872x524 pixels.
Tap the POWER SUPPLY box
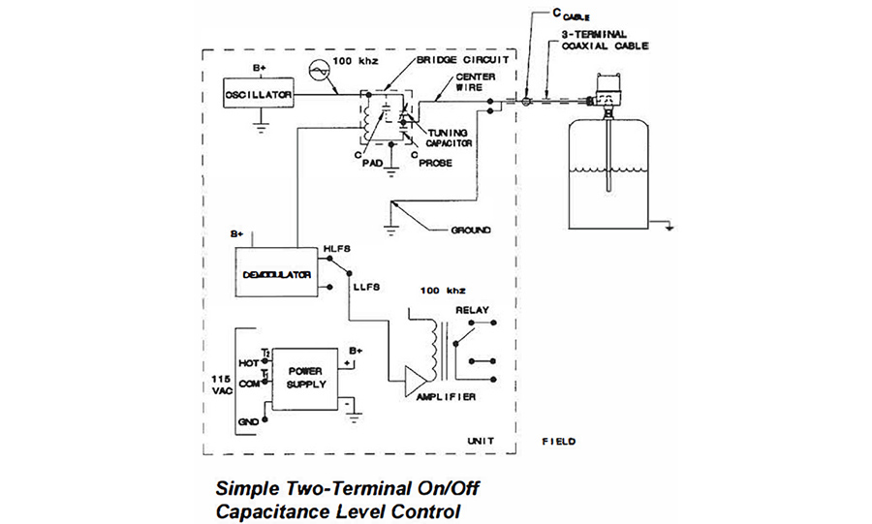[x=303, y=377]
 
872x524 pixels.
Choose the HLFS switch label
[x=337, y=248]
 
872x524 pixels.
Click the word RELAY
[x=474, y=311]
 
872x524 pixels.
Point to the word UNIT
[x=482, y=441]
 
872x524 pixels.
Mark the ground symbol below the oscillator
[x=259, y=123]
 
